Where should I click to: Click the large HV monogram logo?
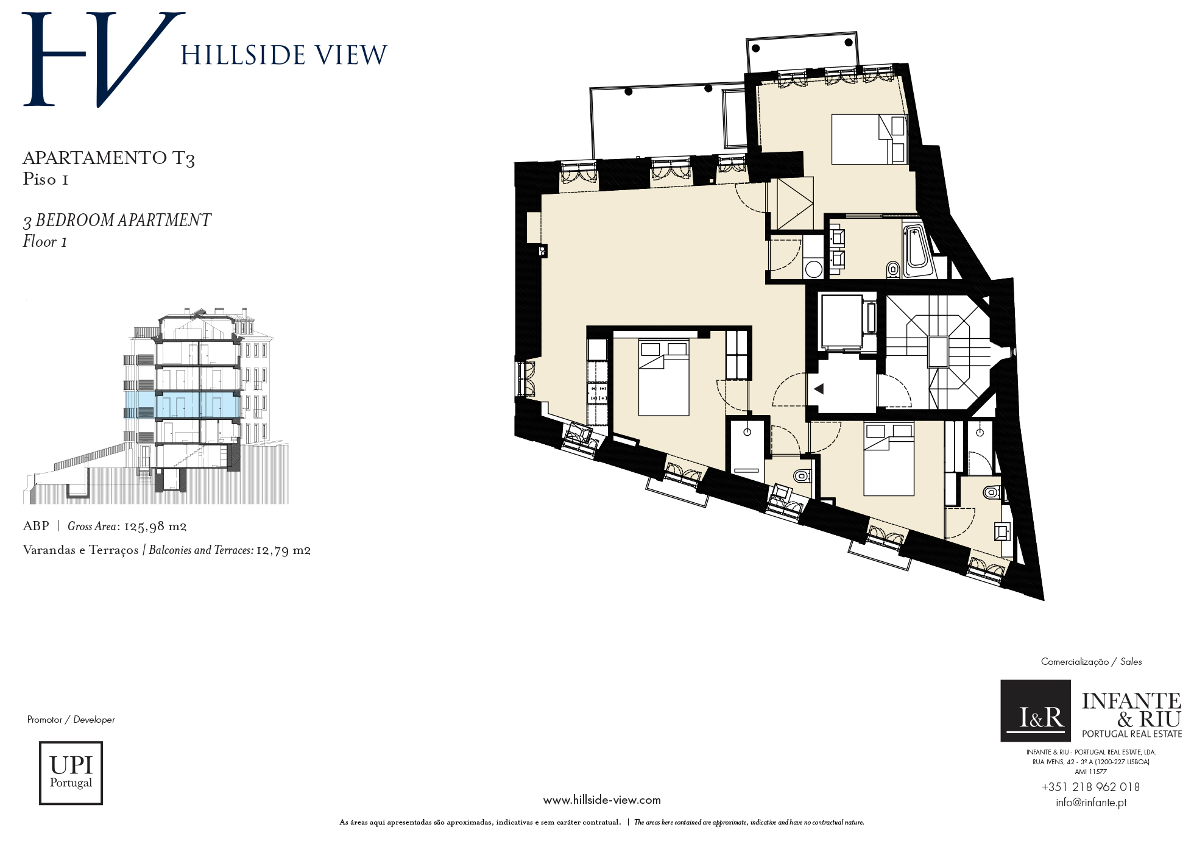pos(104,60)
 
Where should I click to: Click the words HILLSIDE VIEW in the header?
pos(284,55)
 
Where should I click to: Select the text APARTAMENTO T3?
pos(108,158)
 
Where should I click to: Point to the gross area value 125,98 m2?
pos(155,527)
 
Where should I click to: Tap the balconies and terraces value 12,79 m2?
pos(283,551)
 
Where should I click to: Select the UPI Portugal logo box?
pos(71,773)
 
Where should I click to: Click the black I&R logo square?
pos(1036,711)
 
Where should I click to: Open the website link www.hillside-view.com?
pos(602,800)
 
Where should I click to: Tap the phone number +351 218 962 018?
pos(1090,787)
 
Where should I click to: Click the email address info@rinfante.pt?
pos(1091,803)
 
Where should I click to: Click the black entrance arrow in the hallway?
pos(819,388)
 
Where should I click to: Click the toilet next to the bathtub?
pos(893,268)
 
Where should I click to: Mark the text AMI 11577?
pos(1090,772)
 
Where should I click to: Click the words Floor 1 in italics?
pos(45,242)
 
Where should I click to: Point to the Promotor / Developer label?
pos(71,720)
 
